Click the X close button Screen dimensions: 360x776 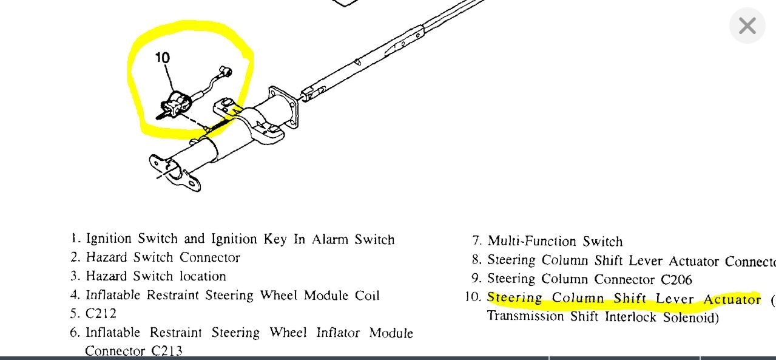[747, 26]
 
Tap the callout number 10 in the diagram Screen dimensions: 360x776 [162, 58]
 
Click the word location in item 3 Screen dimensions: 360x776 [203, 276]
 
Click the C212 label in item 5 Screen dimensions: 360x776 [101, 314]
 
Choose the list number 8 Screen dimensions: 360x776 [476, 260]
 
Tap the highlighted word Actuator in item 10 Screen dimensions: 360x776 [731, 299]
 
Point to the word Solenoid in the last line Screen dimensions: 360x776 [690, 317]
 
